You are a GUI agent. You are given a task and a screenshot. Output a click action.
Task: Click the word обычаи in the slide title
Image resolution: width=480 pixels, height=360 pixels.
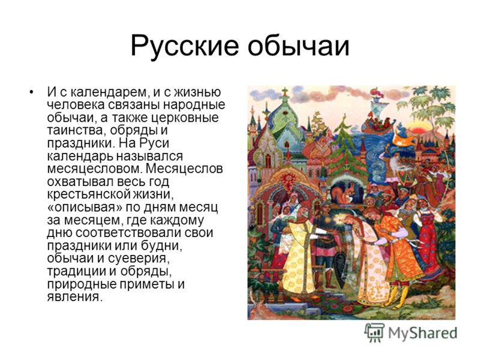coord(298,46)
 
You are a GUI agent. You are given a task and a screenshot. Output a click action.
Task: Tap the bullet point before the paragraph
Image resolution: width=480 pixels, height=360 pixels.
coord(31,92)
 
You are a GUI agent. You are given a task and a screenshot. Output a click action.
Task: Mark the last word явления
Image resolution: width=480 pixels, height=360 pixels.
coord(74,297)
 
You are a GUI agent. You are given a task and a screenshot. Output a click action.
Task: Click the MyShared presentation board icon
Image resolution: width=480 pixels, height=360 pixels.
coord(374,333)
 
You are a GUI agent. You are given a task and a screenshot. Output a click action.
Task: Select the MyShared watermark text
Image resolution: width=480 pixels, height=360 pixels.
coord(423,333)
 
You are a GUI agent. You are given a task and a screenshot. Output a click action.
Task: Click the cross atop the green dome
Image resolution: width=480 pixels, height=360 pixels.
coord(284,92)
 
